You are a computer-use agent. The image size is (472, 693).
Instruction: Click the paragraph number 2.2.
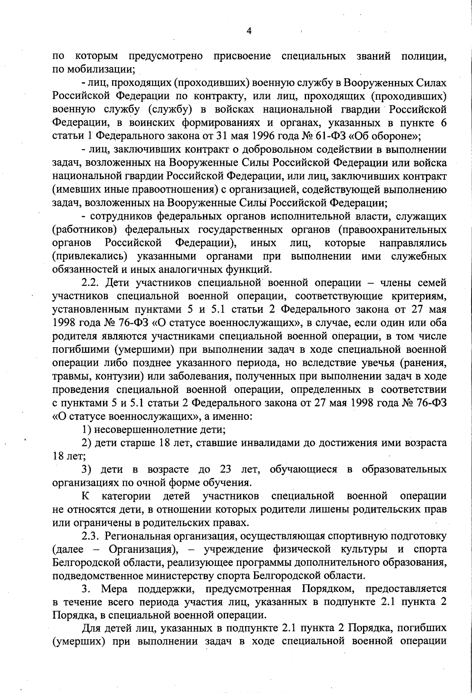click(91, 283)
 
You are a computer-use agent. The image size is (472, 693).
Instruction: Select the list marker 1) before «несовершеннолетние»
click(87, 430)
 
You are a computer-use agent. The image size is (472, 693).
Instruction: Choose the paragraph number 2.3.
click(91, 536)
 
